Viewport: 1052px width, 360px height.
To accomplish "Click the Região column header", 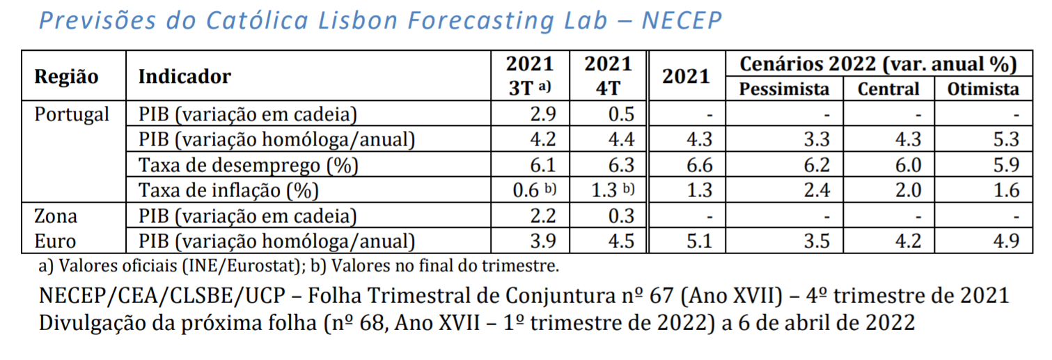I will coord(67,76).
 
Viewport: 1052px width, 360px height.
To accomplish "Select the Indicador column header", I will coord(185,76).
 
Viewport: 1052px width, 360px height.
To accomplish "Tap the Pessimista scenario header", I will coord(784,89).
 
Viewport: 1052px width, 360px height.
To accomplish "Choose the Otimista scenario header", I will coord(983,89).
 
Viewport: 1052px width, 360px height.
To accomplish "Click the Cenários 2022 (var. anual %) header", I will coord(878,64).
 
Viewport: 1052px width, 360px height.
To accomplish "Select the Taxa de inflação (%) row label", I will coord(229,190).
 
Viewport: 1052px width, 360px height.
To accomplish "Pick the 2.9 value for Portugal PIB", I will coord(543,114).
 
